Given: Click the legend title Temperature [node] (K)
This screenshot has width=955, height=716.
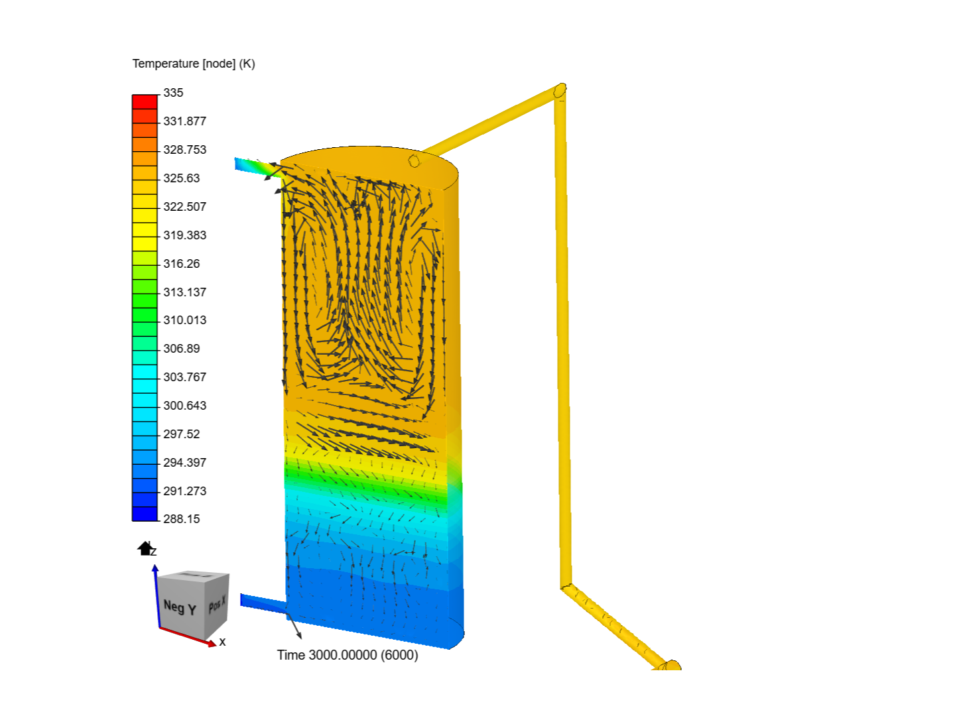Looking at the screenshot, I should coord(194,64).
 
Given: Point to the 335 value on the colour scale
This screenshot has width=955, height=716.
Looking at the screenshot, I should coord(173,93).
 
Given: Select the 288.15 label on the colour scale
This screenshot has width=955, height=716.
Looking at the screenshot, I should coord(181,519).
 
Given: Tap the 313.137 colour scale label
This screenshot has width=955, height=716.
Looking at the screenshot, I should coord(184,292).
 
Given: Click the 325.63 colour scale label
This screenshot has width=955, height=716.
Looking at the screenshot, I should coord(181,178).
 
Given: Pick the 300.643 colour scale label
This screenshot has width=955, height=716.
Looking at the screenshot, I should coord(184,405).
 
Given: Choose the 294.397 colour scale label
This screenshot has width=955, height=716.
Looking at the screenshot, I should coord(184,462).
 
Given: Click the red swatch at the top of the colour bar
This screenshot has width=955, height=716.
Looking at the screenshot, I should coord(145,101).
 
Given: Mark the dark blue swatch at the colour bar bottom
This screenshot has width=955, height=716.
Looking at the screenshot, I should coord(145,514).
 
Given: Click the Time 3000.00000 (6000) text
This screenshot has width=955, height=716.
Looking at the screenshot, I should coord(348,655).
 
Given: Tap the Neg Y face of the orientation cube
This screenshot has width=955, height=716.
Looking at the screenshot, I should coord(180,607).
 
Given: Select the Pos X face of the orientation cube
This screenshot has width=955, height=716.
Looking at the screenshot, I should coord(217,604).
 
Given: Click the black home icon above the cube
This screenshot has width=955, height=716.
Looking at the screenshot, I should coord(145,548).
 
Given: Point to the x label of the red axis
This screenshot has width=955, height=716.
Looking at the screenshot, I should coord(222,642).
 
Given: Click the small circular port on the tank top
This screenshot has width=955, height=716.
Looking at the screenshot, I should coord(414,160).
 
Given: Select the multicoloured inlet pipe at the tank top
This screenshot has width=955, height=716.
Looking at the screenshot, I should coord(255,166).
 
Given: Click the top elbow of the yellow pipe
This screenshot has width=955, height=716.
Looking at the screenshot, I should coord(560,91).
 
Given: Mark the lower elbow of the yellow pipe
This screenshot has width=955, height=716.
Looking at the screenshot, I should coord(566,587).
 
